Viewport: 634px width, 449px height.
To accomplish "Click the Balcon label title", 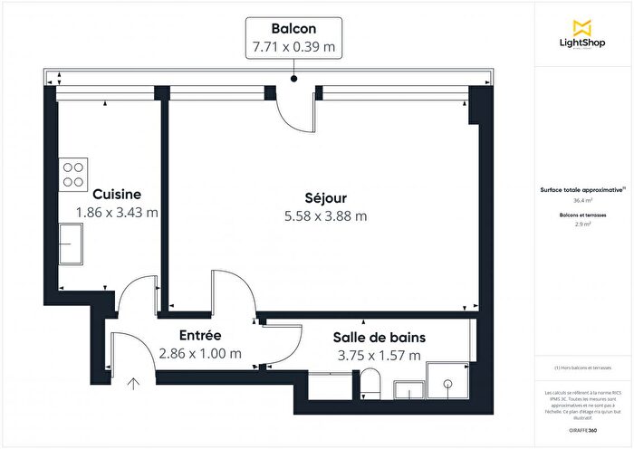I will coord(293,28).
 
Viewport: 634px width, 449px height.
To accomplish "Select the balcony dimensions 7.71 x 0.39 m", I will coord(293,47).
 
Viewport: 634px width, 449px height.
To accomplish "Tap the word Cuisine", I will coord(116,194).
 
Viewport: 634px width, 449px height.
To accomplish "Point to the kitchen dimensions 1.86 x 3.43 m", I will coord(117,213).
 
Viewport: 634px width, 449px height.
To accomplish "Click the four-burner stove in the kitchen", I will coord(73,172).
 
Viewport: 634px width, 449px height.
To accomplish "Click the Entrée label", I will coord(199,335).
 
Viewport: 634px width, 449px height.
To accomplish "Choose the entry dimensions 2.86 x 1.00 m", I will coord(199,354).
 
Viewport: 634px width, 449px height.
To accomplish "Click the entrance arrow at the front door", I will coord(134,384).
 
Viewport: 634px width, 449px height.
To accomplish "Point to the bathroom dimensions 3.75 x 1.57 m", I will coord(379,355).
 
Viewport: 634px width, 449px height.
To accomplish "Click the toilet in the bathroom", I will coord(370,383).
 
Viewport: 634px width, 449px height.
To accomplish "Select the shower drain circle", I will coord(447,383).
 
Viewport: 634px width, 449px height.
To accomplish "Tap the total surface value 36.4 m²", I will coord(582,201).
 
